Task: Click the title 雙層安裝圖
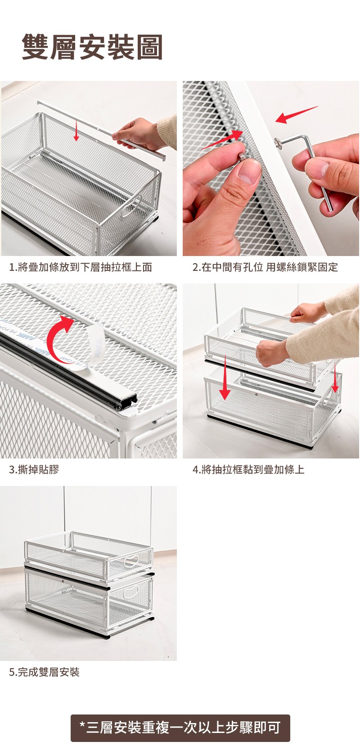pos(92,47)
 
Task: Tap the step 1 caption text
pos(81,267)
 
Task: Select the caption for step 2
pos(265,267)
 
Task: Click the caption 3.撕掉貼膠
pos(34,470)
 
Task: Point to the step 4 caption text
pos(248,470)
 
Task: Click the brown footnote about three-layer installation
pos(180,728)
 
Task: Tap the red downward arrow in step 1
pos(76,131)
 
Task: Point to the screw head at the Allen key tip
pos(278,142)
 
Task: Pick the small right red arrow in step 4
pos(335,376)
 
